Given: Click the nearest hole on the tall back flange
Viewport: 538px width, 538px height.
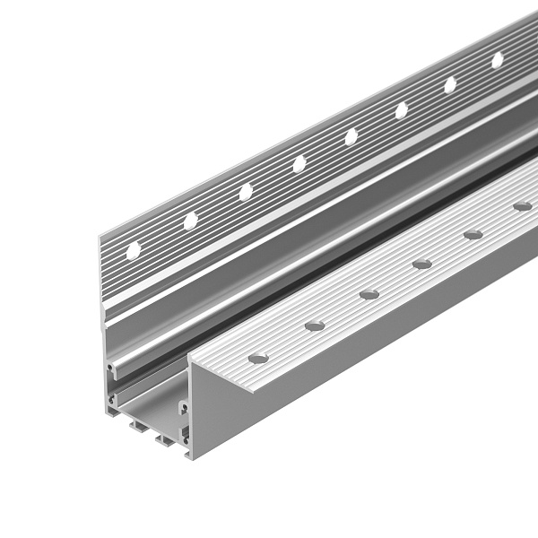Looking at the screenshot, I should click(x=133, y=251).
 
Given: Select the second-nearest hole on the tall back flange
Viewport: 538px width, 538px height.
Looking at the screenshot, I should click(x=190, y=221).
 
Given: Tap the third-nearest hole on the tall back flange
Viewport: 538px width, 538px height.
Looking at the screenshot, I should click(x=245, y=192).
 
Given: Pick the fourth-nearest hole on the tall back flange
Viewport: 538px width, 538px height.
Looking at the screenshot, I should click(x=299, y=164).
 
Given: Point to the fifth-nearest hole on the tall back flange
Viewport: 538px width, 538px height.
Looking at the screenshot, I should click(x=351, y=136).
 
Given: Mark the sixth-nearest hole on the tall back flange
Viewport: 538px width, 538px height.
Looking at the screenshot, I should click(x=401, y=110).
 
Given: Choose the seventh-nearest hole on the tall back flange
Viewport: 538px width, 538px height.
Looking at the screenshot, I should click(x=450, y=84).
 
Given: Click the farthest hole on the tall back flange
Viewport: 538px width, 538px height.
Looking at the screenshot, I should click(x=497, y=60).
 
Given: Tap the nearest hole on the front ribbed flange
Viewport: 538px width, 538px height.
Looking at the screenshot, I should click(x=258, y=359).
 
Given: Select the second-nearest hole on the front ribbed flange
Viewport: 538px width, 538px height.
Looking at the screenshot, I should click(x=314, y=325).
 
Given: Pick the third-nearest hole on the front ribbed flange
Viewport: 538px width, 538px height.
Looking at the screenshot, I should click(x=369, y=294).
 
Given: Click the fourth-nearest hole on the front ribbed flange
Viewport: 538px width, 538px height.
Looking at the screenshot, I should click(x=421, y=264).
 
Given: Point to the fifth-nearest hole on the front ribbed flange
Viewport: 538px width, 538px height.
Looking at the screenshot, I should click(x=473, y=235).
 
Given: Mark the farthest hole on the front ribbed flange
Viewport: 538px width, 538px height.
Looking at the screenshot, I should click(x=522, y=206).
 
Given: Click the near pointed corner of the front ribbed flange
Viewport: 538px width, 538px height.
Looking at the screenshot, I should click(x=190, y=359).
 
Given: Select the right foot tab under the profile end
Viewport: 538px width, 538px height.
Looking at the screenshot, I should click(x=166, y=440).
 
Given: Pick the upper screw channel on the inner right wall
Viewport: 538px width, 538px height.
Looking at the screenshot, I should click(x=184, y=408).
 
